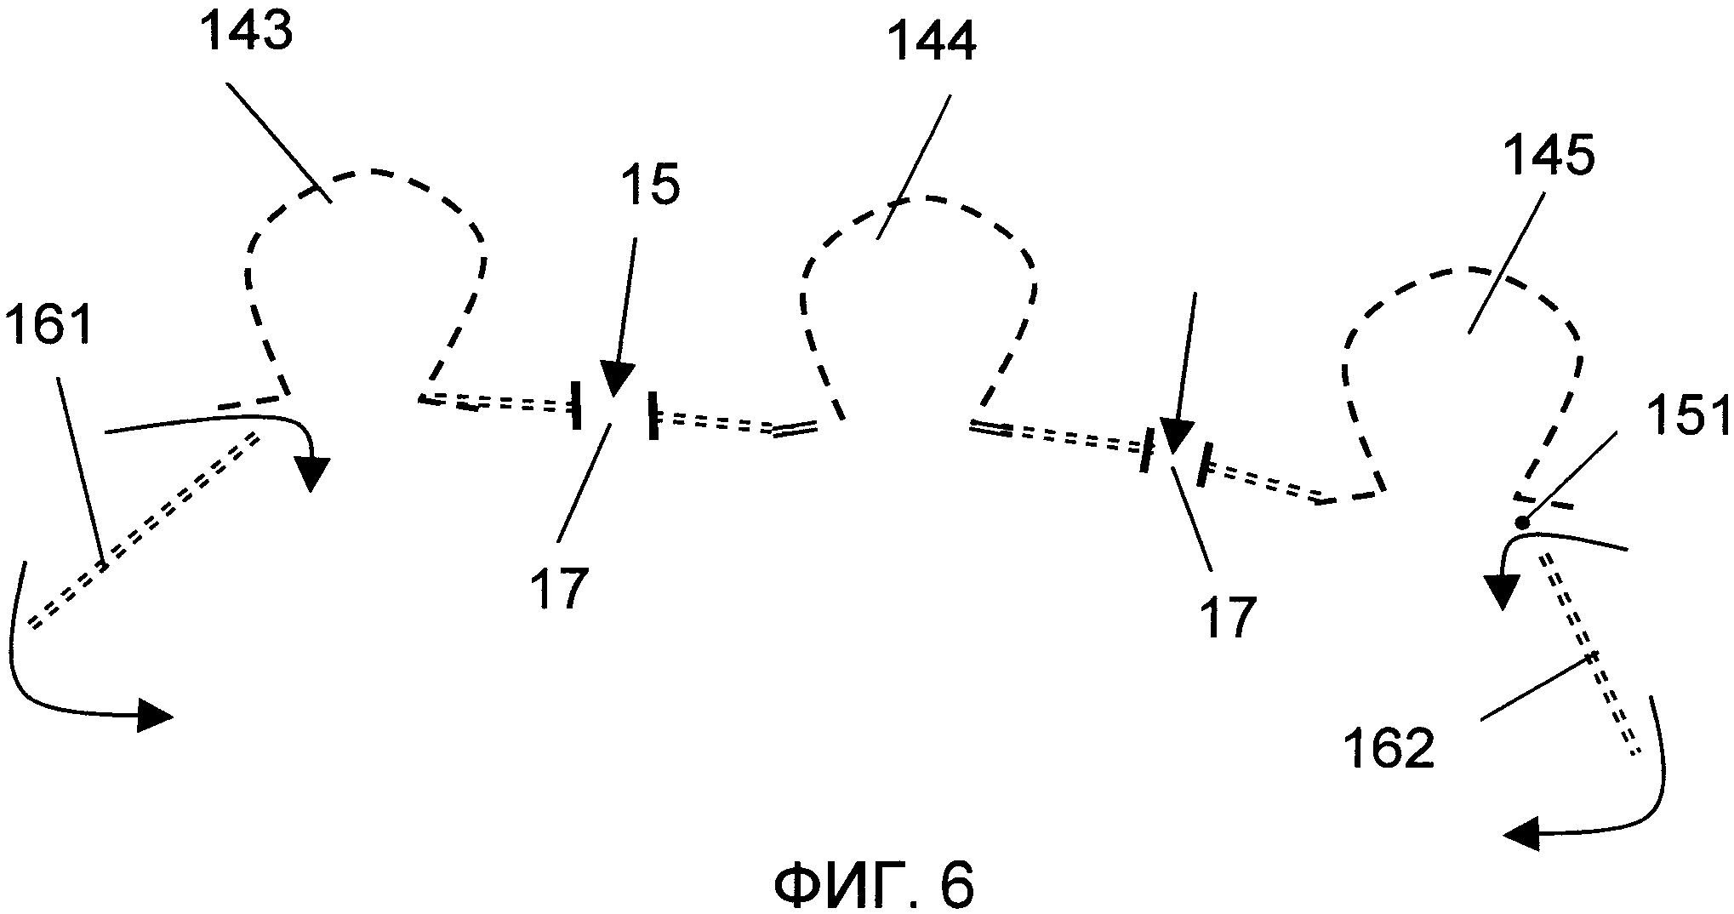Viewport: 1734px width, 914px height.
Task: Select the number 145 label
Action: [x=1547, y=160]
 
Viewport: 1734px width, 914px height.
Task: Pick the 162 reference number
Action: [x=1389, y=750]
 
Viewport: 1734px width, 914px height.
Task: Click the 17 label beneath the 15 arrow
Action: [x=559, y=589]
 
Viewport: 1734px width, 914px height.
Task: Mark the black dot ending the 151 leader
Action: [x=1522, y=523]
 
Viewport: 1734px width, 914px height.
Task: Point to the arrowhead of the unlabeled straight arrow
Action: [x=1178, y=440]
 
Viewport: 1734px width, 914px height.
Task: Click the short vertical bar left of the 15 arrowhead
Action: [x=576, y=405]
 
